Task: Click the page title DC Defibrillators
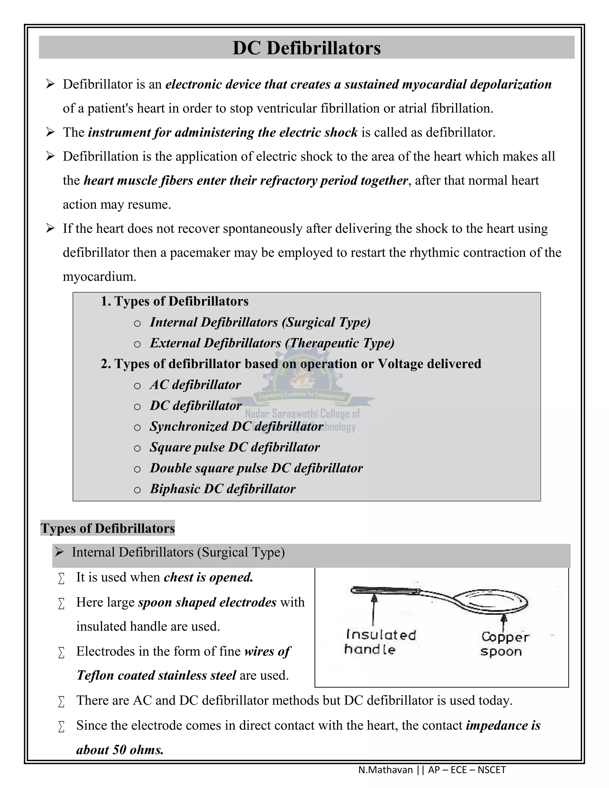(x=306, y=48)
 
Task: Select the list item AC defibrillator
(x=195, y=384)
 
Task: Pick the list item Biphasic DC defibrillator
(x=223, y=489)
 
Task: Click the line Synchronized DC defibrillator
(x=236, y=426)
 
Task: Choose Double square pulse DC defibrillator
(x=256, y=468)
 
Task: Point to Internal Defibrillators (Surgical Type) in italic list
(x=260, y=322)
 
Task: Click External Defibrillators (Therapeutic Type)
(x=272, y=343)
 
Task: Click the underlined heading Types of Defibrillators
(x=108, y=528)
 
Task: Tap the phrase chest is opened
(x=208, y=577)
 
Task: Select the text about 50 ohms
(x=120, y=750)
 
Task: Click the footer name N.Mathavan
(x=385, y=770)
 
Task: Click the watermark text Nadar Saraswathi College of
(x=302, y=414)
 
